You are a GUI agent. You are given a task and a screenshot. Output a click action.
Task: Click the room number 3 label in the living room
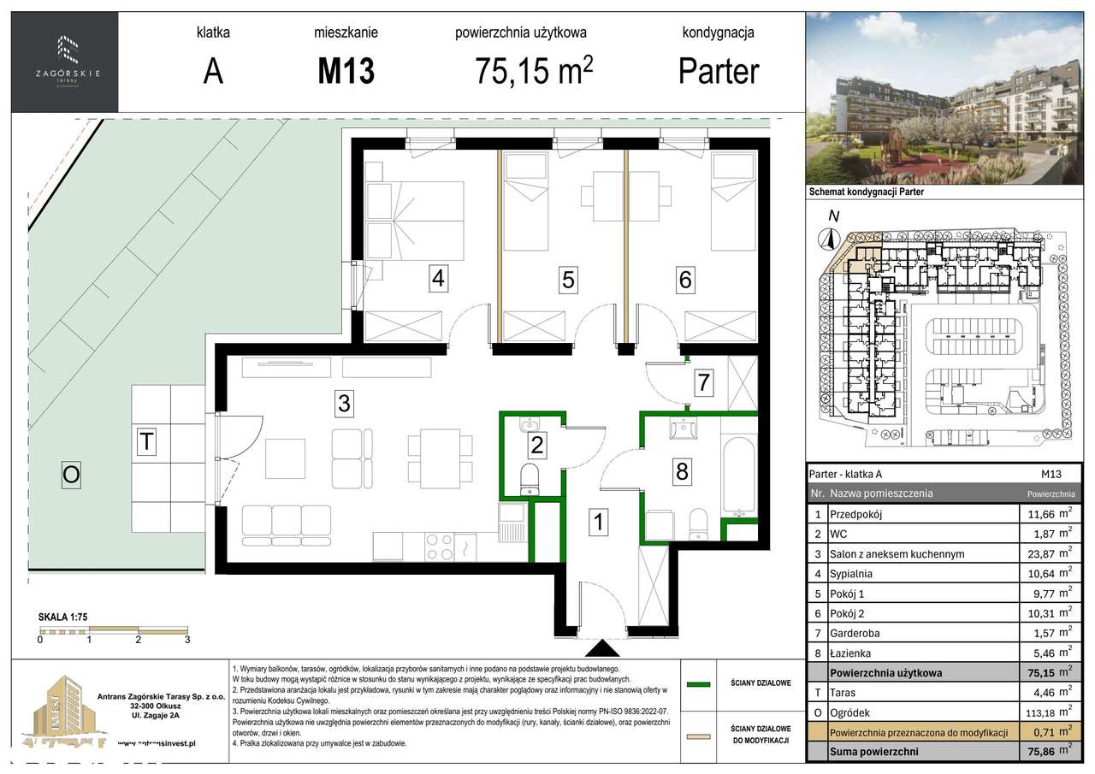(344, 404)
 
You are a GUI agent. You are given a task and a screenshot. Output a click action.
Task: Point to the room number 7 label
(704, 383)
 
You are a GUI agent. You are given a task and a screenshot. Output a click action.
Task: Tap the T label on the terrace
(147, 442)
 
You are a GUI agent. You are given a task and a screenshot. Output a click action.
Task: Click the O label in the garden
(71, 476)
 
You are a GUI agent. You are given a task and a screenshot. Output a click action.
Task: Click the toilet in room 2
(530, 478)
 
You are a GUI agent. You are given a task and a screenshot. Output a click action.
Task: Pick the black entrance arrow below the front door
(603, 649)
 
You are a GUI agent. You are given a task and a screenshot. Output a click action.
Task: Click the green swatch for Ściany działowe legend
(701, 683)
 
